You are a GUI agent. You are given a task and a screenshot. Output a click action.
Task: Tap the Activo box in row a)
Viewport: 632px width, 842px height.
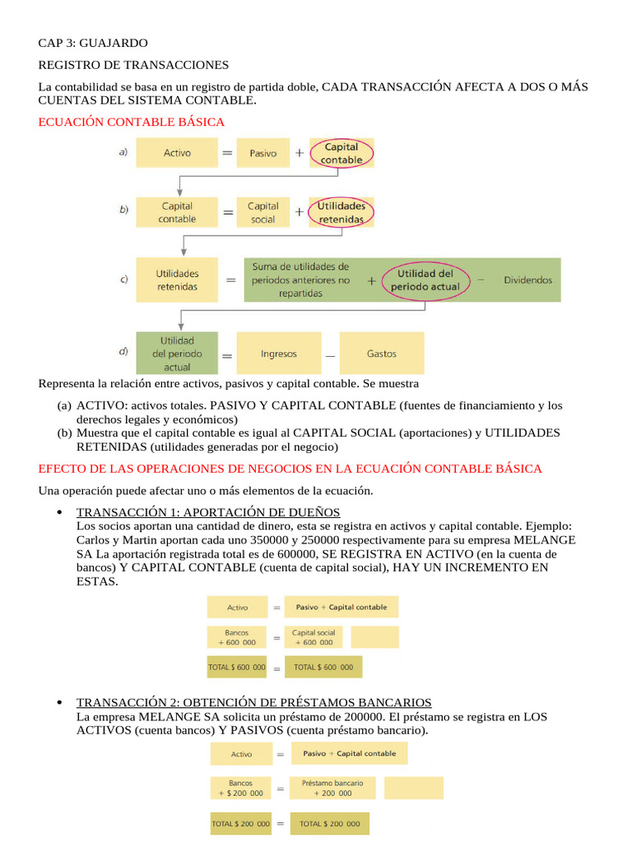point(177,153)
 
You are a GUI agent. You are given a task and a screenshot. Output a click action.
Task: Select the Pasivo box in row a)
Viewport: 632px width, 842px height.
point(263,153)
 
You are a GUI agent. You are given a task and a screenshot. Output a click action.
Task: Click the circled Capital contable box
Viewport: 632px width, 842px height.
point(341,153)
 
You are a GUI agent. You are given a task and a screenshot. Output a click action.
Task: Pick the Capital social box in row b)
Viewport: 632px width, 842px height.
point(263,213)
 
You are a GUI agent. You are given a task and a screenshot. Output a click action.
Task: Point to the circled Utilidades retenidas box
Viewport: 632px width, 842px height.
point(341,213)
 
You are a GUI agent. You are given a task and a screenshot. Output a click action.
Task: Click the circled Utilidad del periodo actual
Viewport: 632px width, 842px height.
point(425,280)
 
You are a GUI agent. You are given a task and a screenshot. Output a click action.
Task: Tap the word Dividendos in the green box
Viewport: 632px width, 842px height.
point(527,280)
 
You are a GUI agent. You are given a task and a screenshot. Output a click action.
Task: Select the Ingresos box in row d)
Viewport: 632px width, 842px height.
point(278,354)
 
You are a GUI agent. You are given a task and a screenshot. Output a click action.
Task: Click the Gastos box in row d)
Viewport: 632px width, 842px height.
point(381,354)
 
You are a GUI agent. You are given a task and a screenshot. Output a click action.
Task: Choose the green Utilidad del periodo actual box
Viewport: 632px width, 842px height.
point(177,354)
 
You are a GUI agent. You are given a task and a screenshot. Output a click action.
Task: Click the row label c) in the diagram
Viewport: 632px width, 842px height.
point(123,280)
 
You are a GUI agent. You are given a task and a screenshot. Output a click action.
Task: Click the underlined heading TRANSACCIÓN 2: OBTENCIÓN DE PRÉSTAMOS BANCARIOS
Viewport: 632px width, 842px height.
point(253,702)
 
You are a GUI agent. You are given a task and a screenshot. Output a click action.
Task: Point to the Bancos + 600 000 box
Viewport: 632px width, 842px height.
point(237,637)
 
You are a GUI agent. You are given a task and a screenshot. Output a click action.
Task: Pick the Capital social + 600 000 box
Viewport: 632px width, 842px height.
point(314,637)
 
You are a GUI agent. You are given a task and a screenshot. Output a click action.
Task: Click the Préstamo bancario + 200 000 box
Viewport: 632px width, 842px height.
point(332,788)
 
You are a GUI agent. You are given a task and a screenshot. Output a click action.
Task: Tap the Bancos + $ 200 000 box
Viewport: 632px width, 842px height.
point(241,788)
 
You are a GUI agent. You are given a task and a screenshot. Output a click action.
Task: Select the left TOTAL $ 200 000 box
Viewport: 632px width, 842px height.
point(241,823)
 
